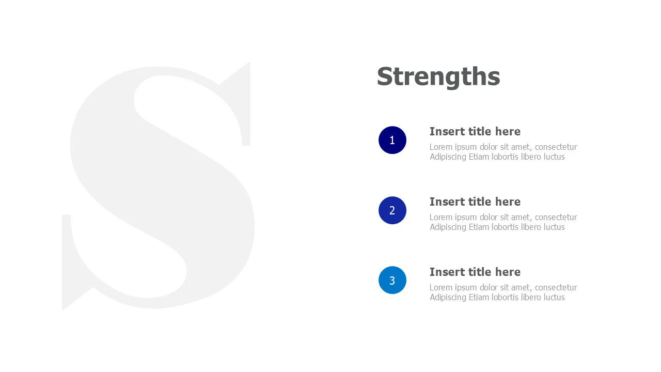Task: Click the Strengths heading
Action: tap(438, 76)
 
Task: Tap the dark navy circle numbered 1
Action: tap(392, 140)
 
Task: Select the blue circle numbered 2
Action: tap(392, 210)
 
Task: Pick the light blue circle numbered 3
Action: tap(392, 280)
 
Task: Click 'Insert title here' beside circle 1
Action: tap(475, 131)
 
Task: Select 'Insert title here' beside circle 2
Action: tap(475, 202)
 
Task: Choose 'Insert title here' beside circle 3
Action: tap(475, 272)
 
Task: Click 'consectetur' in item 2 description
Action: tap(556, 217)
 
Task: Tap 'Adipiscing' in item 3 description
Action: tap(448, 297)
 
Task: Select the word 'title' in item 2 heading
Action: tap(480, 202)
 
